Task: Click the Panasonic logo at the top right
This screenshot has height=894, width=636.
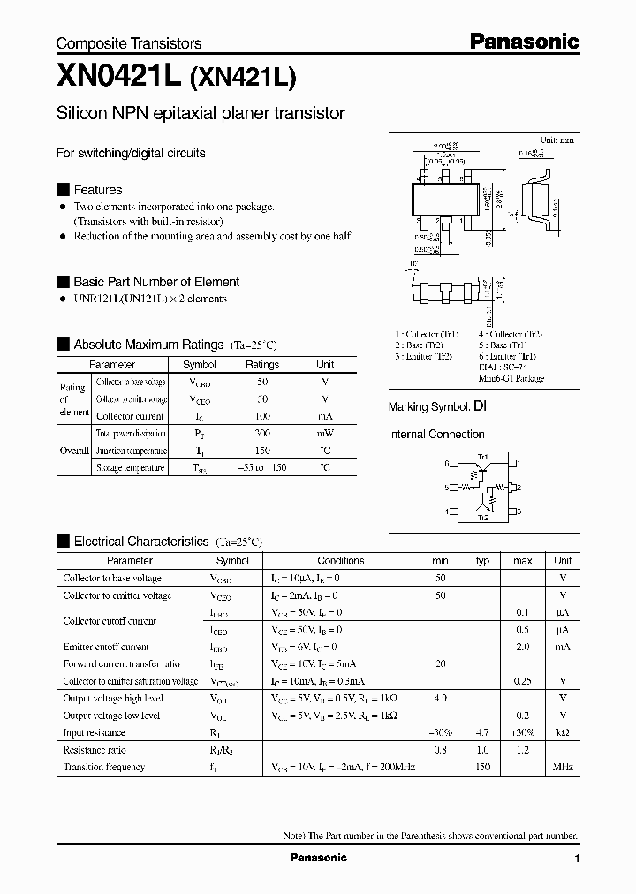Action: click(x=523, y=41)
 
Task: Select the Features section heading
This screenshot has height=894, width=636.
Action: click(x=97, y=190)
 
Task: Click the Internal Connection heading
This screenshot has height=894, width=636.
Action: click(x=436, y=435)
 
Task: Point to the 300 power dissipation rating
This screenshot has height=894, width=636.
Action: click(x=261, y=434)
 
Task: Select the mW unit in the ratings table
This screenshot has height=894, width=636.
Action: click(x=325, y=434)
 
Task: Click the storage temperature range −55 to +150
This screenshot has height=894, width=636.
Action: click(x=261, y=468)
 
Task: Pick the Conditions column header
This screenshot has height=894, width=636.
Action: click(x=340, y=561)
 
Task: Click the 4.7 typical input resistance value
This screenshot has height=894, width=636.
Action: click(x=482, y=732)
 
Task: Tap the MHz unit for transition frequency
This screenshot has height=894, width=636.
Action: click(x=563, y=767)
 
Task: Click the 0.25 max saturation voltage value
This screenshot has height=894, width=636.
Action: click(x=523, y=681)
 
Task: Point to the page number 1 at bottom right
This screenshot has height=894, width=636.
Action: click(x=577, y=859)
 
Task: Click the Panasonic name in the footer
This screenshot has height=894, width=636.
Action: click(x=319, y=858)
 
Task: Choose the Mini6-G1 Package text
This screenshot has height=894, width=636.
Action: click(x=511, y=379)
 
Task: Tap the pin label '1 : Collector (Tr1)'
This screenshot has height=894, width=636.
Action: click(x=427, y=335)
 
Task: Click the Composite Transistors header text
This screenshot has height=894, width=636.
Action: click(x=129, y=43)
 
